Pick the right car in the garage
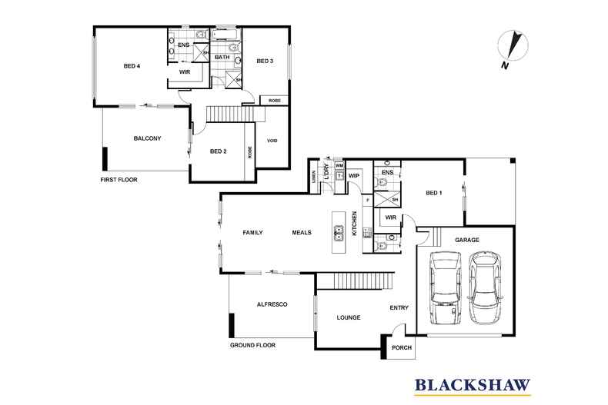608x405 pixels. [x=484, y=288]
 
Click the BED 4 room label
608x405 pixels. [x=132, y=66]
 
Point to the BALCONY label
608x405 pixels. [x=147, y=138]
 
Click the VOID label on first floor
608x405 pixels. [x=272, y=141]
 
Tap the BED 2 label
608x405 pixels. [x=218, y=151]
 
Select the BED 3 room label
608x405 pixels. [x=266, y=61]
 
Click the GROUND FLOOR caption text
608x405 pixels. [x=252, y=346]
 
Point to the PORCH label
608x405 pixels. [x=402, y=347]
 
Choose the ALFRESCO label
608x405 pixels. [x=272, y=305]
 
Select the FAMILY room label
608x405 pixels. [x=253, y=232]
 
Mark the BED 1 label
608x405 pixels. [x=435, y=193]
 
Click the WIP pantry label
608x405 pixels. [x=354, y=176]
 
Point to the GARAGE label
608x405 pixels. [x=466, y=240]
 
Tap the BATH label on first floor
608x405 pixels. [x=222, y=58]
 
